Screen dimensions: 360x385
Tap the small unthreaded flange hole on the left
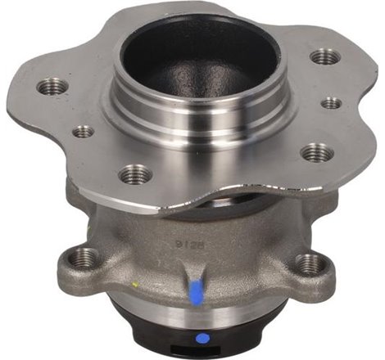coord(84,131)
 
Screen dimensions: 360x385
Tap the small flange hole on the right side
coord(331,104)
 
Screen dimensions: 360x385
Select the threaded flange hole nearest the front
coord(135,173)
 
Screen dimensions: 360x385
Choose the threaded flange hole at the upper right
coord(325,56)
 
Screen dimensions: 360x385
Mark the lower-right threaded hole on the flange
coord(317,152)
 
